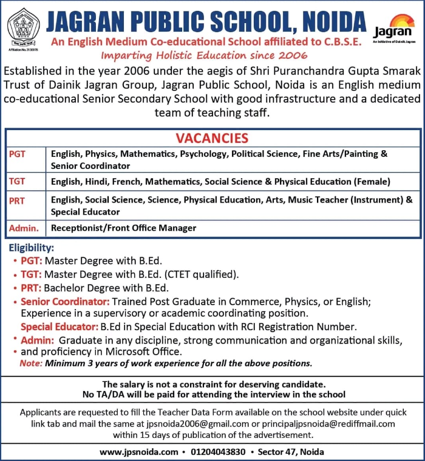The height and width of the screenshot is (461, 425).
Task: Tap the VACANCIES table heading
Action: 212,138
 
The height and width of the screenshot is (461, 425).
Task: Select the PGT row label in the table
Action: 18,154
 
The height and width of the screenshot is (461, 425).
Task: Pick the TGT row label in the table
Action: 18,181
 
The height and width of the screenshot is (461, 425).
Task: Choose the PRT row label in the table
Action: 18,200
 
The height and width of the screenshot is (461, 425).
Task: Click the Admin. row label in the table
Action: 24,228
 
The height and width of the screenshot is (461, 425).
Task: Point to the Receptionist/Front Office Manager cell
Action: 123,228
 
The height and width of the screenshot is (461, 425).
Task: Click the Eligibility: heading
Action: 32,248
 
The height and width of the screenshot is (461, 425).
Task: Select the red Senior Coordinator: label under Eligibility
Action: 65,302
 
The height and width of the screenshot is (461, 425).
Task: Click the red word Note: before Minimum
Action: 31,364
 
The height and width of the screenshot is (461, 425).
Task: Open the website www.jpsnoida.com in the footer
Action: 139,452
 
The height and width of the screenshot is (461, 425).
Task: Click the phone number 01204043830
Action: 218,452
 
